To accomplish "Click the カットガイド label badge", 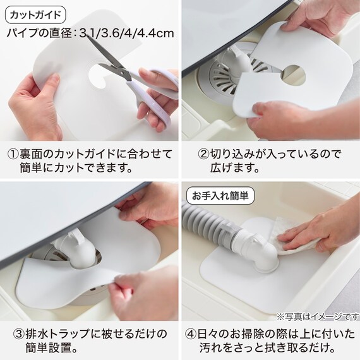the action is coord(35,15).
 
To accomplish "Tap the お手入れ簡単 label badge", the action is coord(220,196).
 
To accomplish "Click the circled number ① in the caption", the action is coord(13,154).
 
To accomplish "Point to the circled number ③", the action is coord(18,334).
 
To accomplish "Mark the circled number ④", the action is coord(191,334).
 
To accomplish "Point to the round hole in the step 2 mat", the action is coord(294,75).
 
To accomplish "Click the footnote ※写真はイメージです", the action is coord(318,317).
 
